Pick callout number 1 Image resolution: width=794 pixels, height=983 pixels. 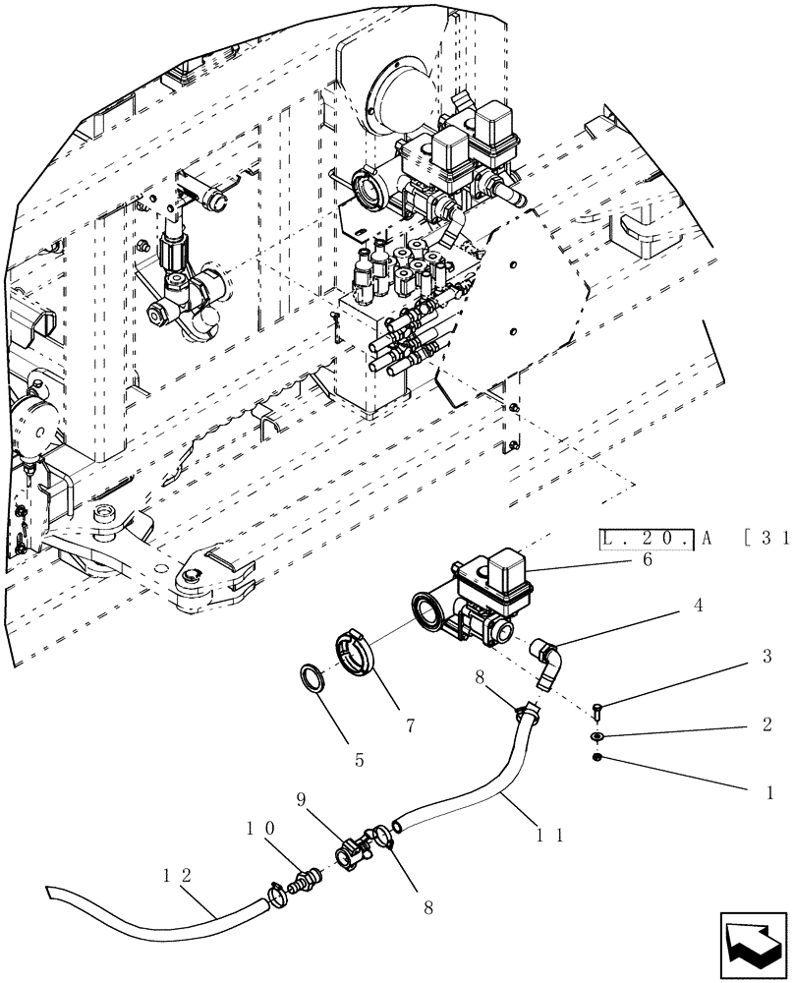[769, 790]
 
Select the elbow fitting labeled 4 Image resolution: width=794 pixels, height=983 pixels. [546, 660]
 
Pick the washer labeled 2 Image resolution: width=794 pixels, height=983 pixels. [598, 735]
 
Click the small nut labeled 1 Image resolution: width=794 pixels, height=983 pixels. [598, 756]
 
